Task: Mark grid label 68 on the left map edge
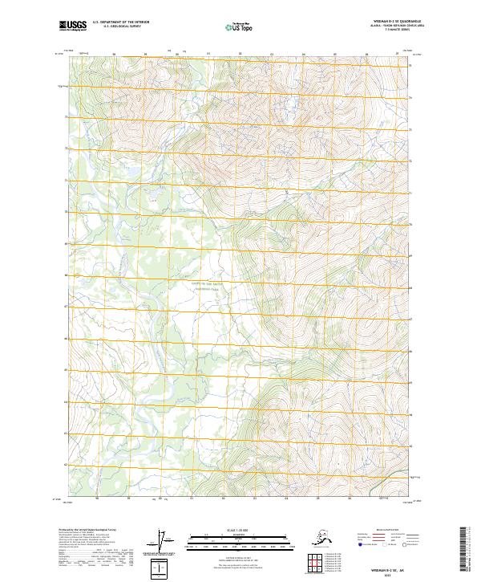tap(65, 275)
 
